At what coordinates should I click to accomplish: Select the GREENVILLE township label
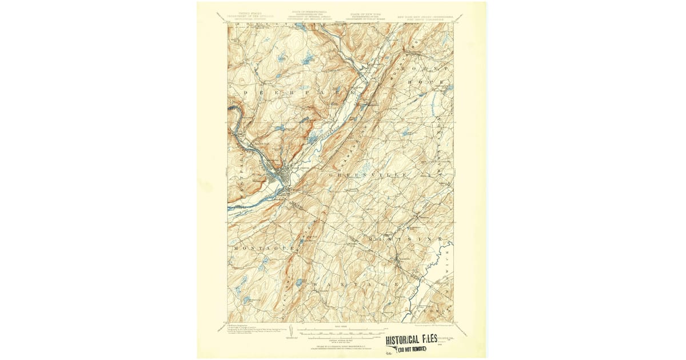click(x=369, y=174)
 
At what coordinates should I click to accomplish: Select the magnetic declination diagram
click(x=292, y=332)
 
